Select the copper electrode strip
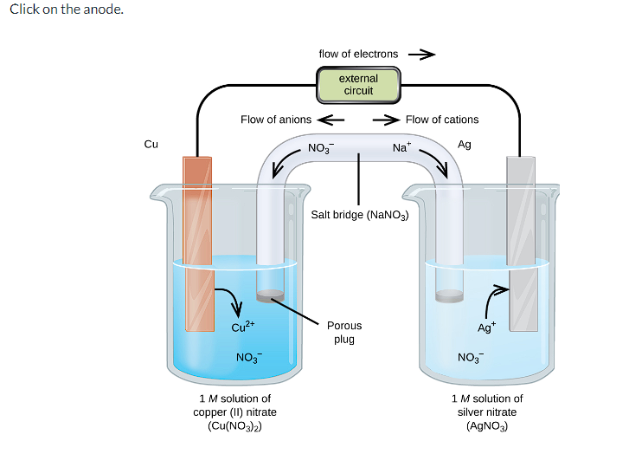198,243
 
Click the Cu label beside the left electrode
151,145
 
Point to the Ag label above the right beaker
465,145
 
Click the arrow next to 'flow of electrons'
420,54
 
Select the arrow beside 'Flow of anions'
331,120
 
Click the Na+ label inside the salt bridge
401,148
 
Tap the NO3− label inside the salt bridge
320,148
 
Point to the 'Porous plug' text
344,332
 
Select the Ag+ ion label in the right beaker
487,327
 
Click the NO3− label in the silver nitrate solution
470,358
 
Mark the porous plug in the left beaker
271,296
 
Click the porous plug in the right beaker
449,296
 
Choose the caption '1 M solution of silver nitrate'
487,412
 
